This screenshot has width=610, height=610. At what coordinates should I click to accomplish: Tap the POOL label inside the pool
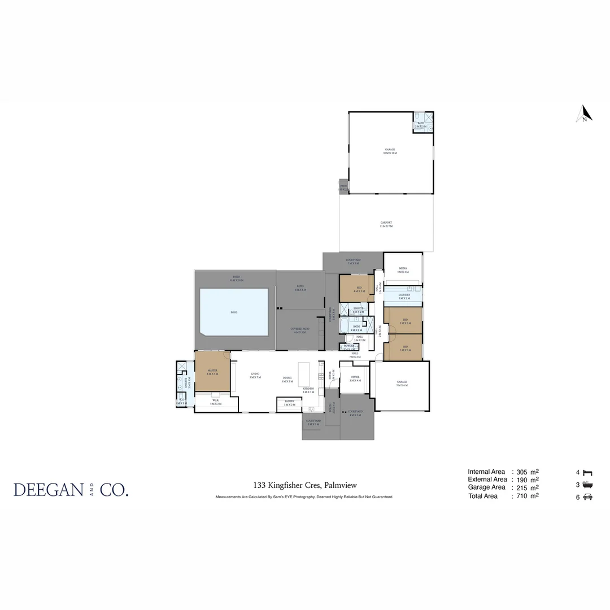click(x=234, y=312)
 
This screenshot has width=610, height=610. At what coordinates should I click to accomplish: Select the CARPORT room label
click(x=386, y=224)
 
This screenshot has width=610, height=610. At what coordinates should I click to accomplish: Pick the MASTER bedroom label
click(x=212, y=372)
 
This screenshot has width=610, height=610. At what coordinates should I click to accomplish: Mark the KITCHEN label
click(x=308, y=390)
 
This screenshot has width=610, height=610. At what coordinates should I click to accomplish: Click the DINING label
click(x=287, y=379)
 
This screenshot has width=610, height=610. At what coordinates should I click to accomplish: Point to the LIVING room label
click(x=255, y=374)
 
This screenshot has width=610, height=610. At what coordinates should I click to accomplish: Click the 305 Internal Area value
click(x=522, y=472)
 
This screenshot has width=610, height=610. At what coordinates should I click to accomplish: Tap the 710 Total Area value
click(x=522, y=496)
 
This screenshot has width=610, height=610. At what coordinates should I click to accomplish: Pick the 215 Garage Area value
click(x=522, y=487)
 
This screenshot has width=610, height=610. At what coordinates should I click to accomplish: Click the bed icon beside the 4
click(x=588, y=472)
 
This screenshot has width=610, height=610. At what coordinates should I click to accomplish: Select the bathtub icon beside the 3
click(x=588, y=485)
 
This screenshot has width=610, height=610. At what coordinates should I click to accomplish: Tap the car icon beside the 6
click(x=588, y=497)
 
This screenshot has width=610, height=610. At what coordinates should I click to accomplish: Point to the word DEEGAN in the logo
click(x=47, y=490)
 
